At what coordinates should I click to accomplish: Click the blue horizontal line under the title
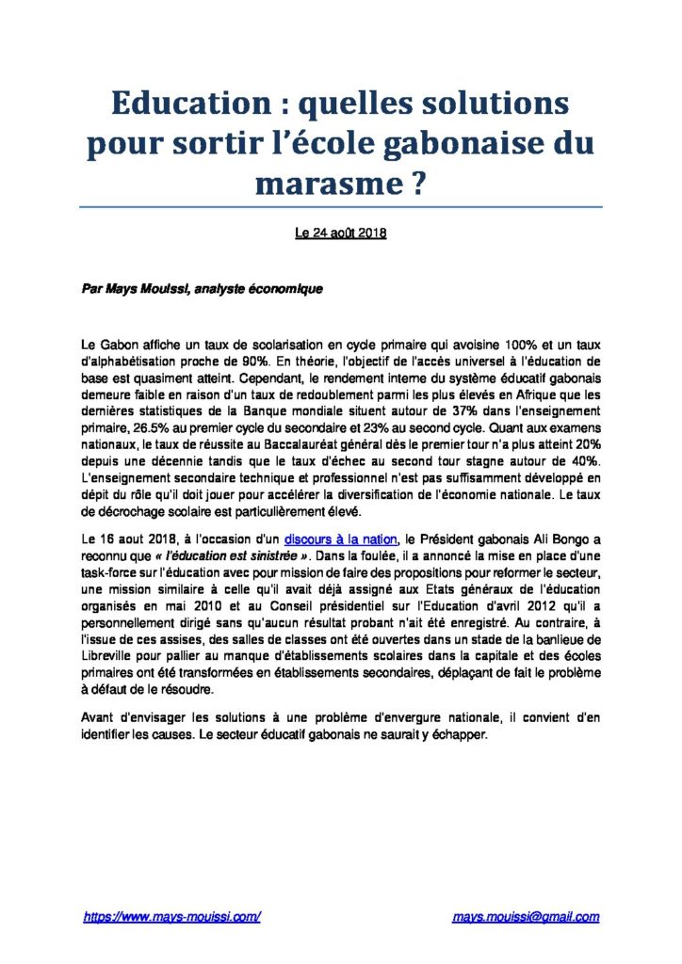pos(340,207)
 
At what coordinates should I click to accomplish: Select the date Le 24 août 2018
pos(340,235)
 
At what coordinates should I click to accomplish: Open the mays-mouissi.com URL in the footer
pos(171,916)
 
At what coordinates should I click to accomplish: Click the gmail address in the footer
pos(526,916)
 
